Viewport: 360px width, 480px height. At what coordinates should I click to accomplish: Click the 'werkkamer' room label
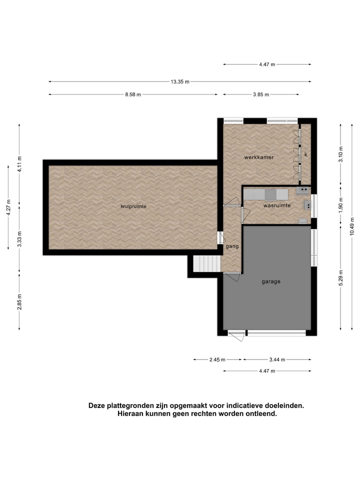[x=258, y=157]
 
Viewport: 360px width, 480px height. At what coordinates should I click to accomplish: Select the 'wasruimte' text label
[x=277, y=205]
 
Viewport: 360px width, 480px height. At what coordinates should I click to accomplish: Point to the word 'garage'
[x=271, y=281]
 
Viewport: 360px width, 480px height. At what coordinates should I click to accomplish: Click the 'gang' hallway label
[x=232, y=246]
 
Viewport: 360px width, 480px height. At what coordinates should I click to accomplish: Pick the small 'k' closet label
[x=305, y=154]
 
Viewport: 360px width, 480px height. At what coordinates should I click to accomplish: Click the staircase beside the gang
[x=207, y=263]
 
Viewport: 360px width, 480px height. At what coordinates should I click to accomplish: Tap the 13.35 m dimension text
[x=180, y=81]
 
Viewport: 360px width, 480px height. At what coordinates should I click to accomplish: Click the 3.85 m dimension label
[x=260, y=94]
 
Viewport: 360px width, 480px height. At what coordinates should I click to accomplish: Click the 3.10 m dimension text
[x=340, y=151]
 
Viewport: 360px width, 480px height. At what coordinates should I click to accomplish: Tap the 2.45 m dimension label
[x=217, y=359]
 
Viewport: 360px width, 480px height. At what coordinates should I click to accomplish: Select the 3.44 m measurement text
[x=276, y=359]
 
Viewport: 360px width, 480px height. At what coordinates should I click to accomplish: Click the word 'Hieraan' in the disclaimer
[x=132, y=414]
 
